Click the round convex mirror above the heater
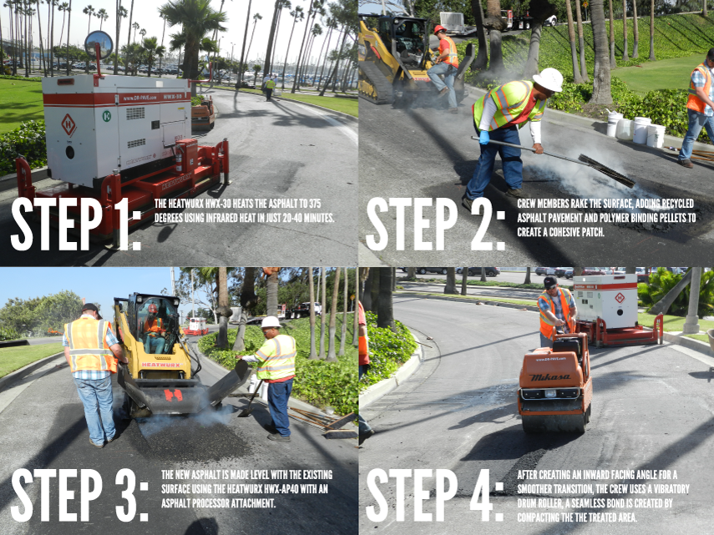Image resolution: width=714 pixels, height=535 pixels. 99,44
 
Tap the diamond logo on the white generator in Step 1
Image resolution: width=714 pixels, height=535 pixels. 68,125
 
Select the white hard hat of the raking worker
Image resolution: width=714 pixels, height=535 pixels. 549,79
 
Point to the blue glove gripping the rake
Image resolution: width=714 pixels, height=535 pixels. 484,137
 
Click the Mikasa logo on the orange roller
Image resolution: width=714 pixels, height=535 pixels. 549,376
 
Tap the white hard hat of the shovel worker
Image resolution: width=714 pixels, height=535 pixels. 271,322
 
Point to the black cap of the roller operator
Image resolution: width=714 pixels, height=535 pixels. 550,282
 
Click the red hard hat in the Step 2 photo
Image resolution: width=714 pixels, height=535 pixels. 439,29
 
